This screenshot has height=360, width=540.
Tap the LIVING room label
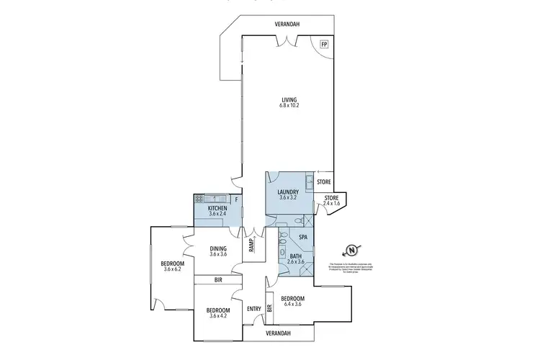289,99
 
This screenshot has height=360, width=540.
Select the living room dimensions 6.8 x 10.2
289,106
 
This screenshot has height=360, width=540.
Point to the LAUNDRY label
288,192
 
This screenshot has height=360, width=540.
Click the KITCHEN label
218,207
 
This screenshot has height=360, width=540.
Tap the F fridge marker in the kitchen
235,198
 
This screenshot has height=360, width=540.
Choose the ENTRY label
253,309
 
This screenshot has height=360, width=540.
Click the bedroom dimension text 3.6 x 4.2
218,315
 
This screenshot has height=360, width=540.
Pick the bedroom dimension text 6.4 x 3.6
293,305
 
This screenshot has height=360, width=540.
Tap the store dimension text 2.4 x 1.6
331,204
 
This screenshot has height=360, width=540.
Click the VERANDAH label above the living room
287,24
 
